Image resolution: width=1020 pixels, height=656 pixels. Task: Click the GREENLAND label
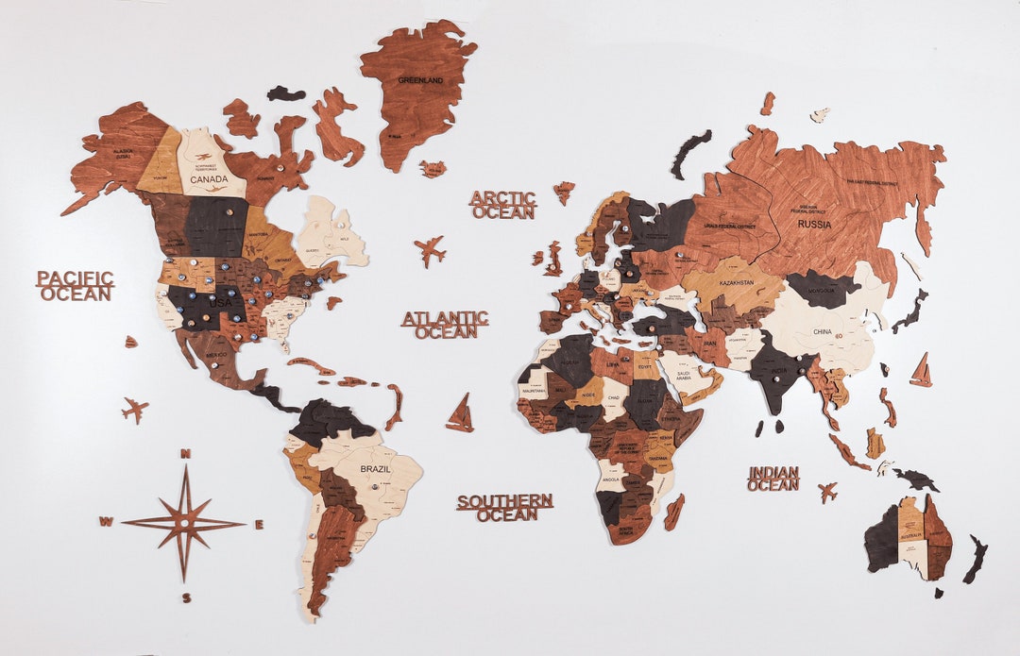(420, 80)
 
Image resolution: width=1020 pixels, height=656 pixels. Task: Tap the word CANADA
(209, 178)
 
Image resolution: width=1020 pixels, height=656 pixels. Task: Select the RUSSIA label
(814, 225)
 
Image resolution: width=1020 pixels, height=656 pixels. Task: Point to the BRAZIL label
(375, 468)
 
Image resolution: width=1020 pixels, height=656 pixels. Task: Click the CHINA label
(823, 332)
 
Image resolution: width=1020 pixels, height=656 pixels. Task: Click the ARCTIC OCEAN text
(503, 205)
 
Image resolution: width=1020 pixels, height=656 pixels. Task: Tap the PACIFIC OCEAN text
(76, 285)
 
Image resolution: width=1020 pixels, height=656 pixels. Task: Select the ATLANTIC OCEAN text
(445, 324)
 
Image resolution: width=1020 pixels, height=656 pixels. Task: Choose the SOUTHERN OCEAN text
(505, 507)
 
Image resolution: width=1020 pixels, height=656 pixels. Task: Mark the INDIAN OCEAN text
(773, 478)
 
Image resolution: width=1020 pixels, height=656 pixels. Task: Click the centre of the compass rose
(184, 522)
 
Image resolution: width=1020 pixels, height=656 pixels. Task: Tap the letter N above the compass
(186, 455)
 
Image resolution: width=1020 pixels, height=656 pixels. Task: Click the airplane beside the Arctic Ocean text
(430, 251)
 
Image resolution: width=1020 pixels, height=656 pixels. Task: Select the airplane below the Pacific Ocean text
(135, 410)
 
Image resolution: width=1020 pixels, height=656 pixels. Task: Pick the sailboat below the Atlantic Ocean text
(461, 414)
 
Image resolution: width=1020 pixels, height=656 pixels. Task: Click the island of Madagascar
(673, 512)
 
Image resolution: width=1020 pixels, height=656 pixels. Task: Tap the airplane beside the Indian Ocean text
(827, 492)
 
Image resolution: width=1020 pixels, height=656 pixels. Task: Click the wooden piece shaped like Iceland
(433, 169)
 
